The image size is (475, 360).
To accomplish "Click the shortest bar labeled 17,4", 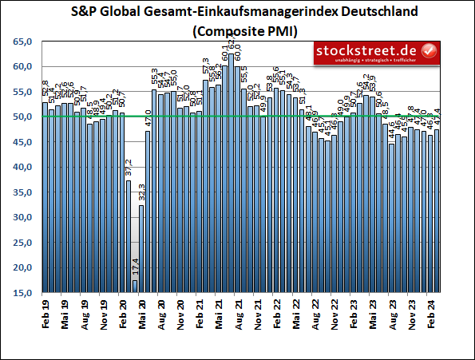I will tap(135, 287).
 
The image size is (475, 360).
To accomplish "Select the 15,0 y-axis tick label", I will tap(22, 293).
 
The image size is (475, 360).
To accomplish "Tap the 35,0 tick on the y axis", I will tap(22, 192).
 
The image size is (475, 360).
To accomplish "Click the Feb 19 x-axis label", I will tap(45, 311).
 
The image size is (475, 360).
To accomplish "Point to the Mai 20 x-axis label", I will tap(142, 311).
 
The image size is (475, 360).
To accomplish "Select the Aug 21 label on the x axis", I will tap(238, 311).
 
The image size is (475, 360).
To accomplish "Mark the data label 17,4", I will tap(135, 265).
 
